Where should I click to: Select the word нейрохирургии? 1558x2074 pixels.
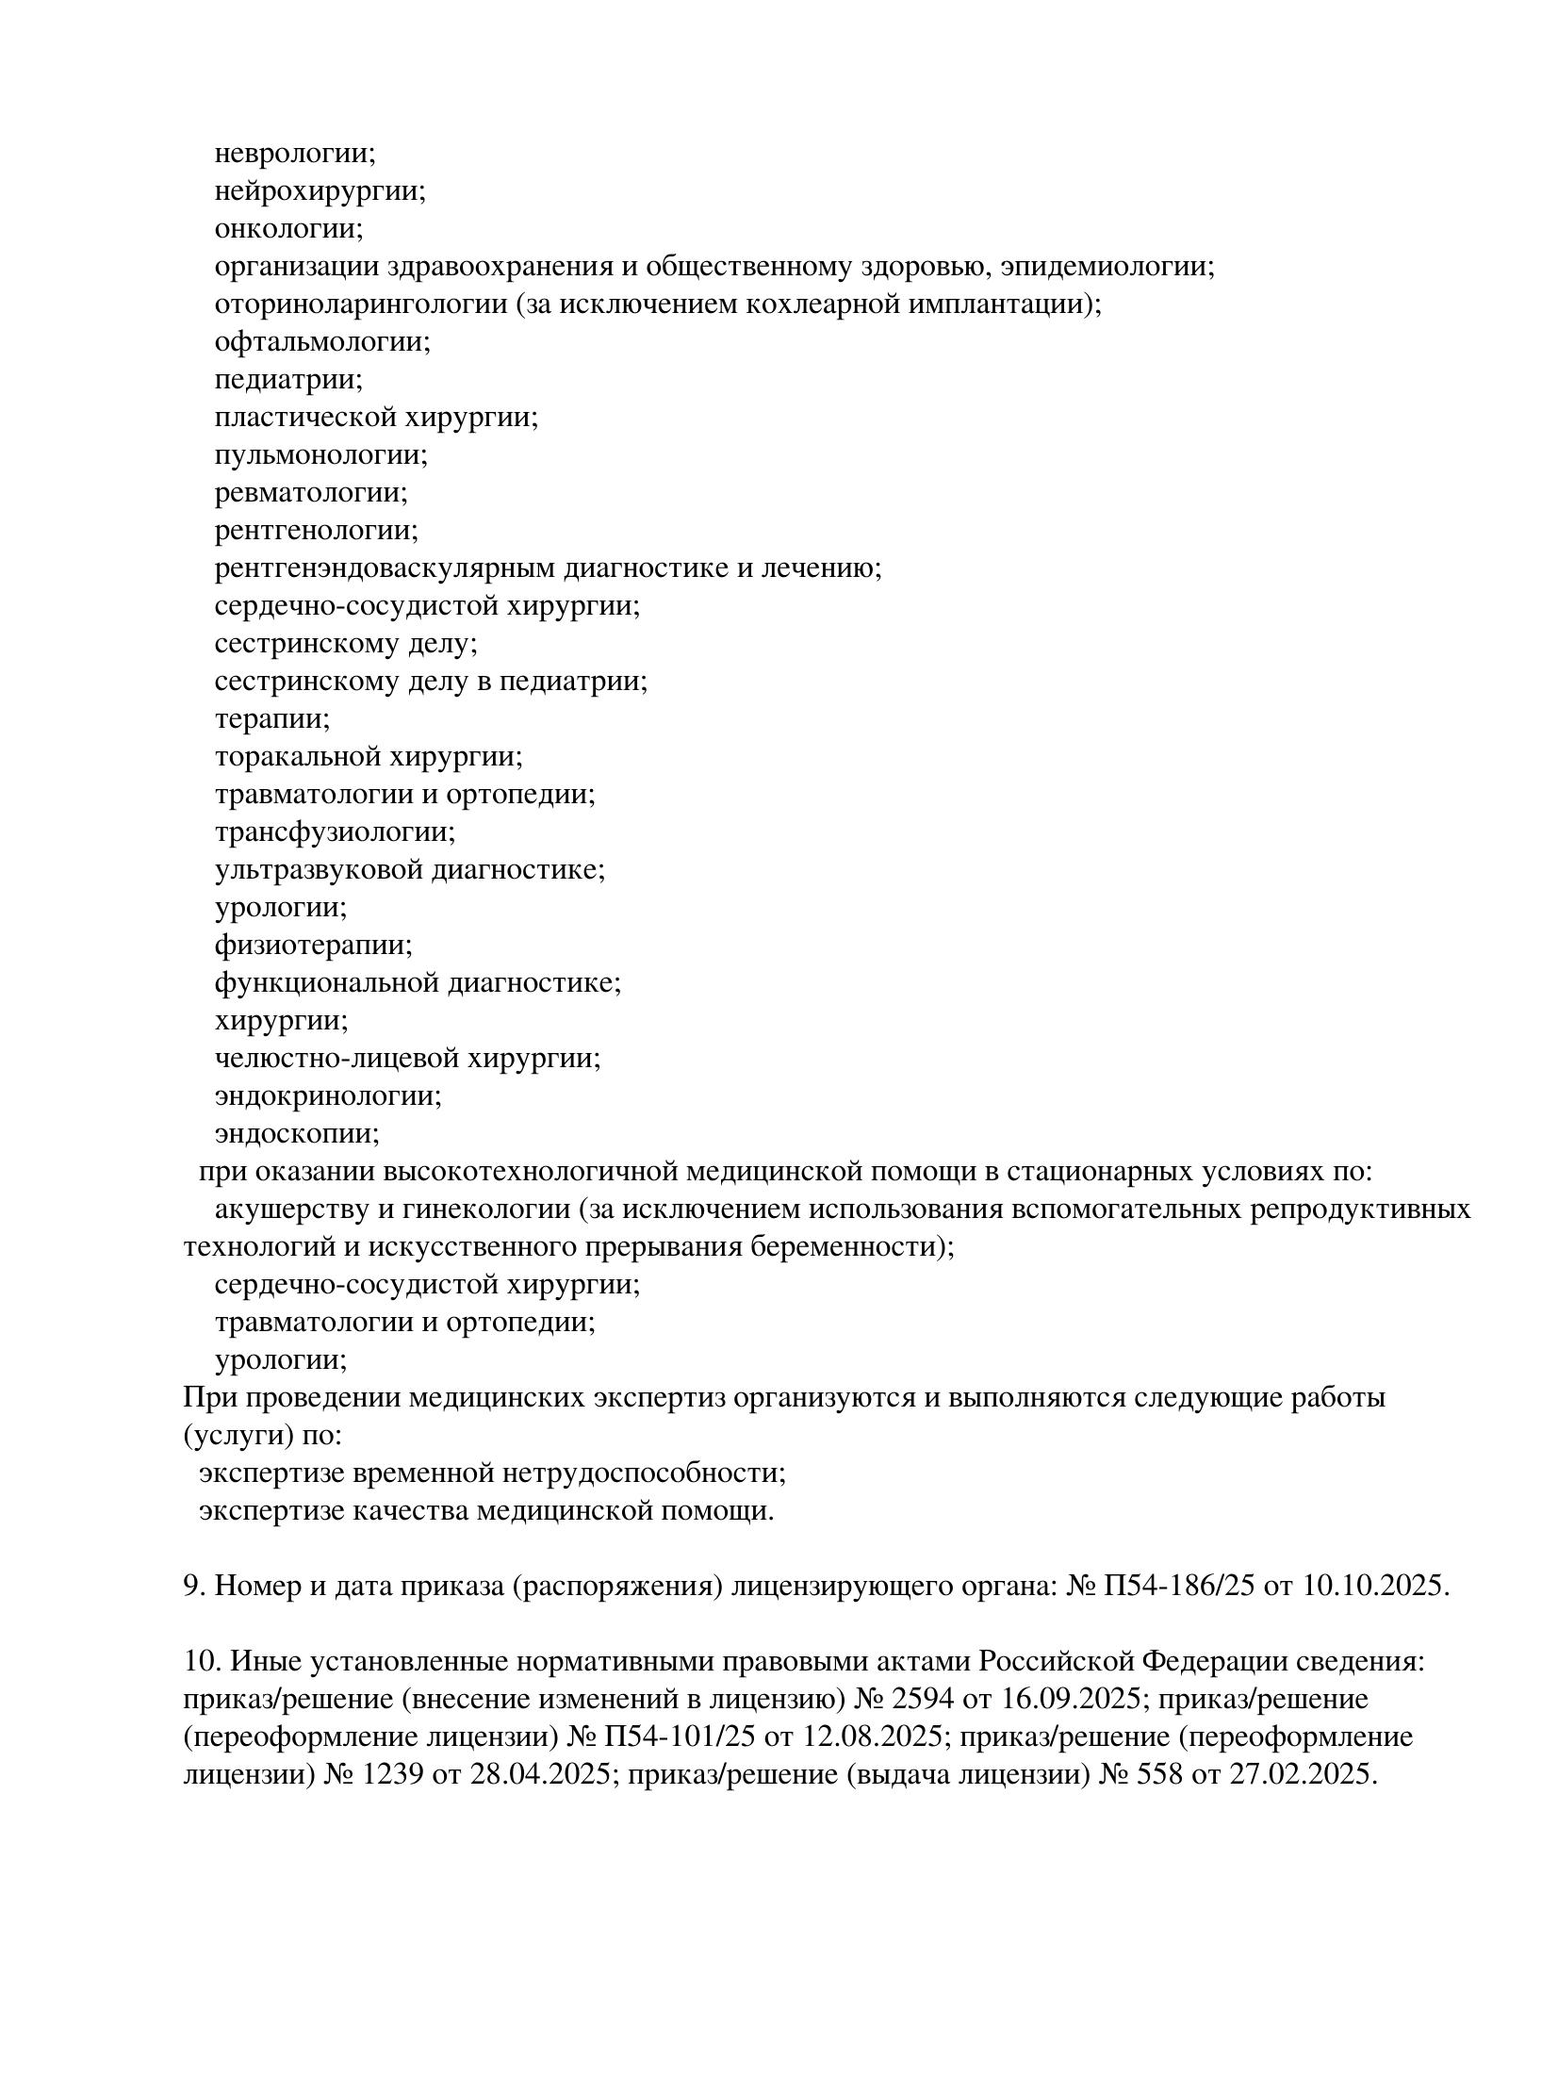pyautogui.click(x=320, y=191)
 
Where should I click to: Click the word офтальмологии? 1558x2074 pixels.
pyautogui.click(x=321, y=342)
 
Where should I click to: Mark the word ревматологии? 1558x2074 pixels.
pyautogui.click(x=311, y=493)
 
